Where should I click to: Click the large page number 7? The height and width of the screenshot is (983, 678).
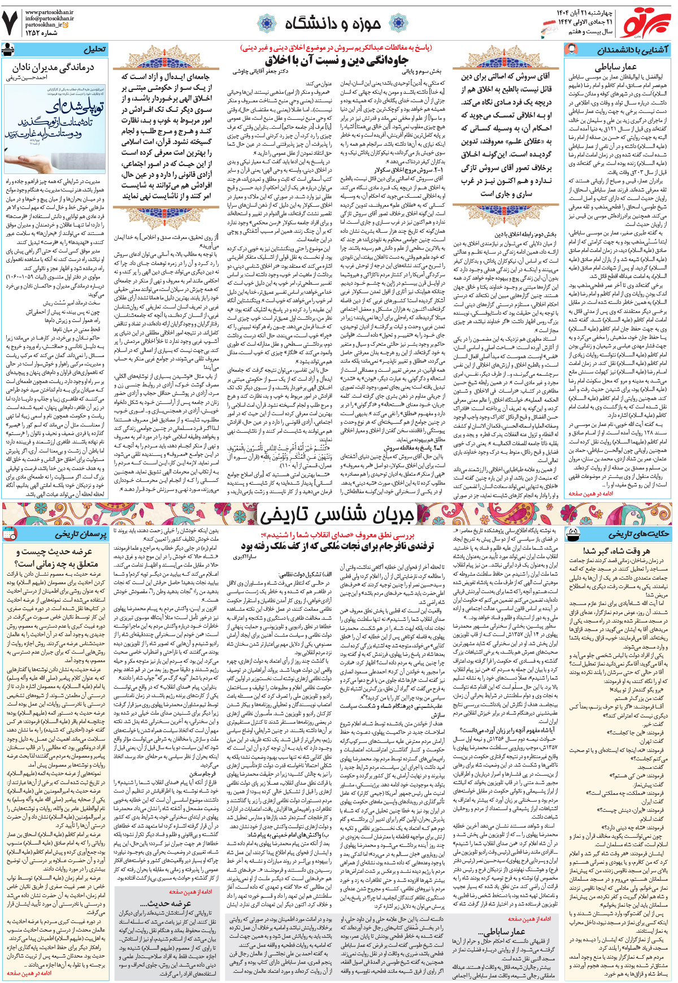coord(11,23)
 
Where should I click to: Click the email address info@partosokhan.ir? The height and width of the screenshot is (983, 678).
coord(49,18)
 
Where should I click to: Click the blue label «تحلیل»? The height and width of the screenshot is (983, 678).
coord(94,50)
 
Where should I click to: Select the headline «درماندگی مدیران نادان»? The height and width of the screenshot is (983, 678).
coord(53,68)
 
